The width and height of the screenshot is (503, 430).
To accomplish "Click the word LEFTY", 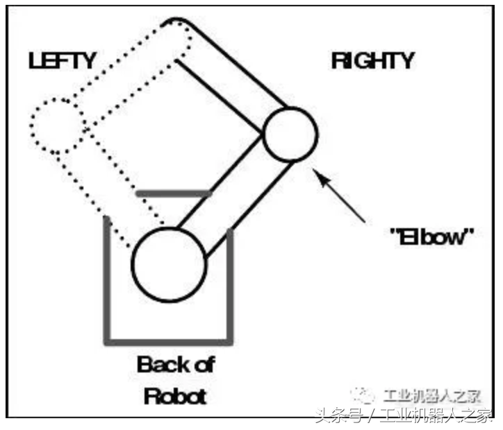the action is click(x=63, y=60).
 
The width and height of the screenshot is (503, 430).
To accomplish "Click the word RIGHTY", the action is click(x=373, y=61).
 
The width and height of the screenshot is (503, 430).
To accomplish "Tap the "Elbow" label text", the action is click(x=431, y=237).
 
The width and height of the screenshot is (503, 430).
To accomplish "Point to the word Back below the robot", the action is click(x=163, y=364).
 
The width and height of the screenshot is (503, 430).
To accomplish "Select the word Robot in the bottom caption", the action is click(x=175, y=396).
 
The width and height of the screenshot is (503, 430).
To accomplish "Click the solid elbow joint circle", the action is click(x=290, y=134).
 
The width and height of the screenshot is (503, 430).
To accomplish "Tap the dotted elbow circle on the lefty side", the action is click(x=58, y=126).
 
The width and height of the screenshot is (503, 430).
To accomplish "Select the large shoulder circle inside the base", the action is click(x=169, y=265).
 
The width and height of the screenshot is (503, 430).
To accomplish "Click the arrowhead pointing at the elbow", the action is click(x=321, y=178).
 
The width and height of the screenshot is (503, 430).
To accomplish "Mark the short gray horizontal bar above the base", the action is click(x=174, y=193).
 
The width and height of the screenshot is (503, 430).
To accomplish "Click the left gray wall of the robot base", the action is click(x=107, y=280).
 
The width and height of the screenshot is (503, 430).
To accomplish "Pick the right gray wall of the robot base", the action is click(x=230, y=286).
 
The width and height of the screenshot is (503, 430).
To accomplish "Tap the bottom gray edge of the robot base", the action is click(x=168, y=342).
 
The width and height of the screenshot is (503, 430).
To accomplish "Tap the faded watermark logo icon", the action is click(x=363, y=395).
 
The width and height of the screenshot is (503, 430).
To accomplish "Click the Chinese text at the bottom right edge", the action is click(x=404, y=417).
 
